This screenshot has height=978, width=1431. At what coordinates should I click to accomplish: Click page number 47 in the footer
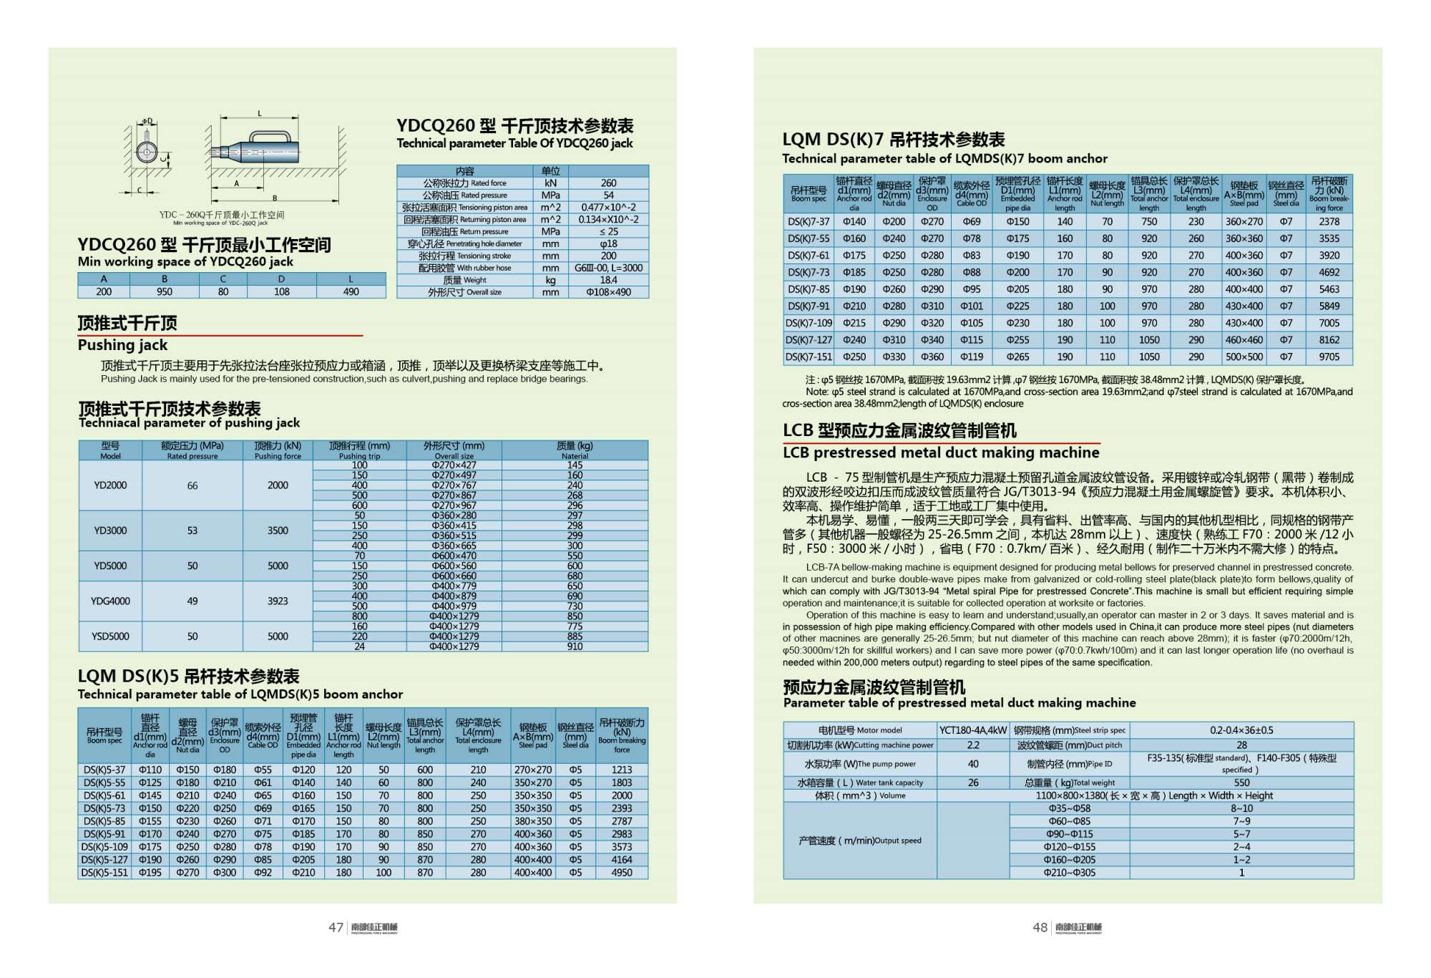[x=336, y=927]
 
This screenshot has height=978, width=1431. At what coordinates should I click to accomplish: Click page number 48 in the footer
[x=1040, y=927]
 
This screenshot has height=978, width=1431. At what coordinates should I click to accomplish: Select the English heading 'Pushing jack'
[x=122, y=345]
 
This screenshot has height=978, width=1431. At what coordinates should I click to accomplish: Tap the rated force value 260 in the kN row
[x=608, y=183]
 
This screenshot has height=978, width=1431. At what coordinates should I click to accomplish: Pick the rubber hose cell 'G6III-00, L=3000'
[x=608, y=268]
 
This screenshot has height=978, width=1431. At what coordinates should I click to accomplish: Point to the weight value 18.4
[x=608, y=280]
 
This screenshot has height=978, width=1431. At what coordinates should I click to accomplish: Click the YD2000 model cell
[x=110, y=485]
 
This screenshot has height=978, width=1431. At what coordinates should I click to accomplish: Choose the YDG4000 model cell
[x=110, y=601]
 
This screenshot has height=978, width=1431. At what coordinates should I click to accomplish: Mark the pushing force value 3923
[x=278, y=601]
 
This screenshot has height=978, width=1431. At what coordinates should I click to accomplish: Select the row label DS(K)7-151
[x=809, y=357]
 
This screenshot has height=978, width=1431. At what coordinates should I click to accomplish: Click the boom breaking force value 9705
[x=1329, y=357]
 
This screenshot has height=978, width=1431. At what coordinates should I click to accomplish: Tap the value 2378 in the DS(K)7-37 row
[x=1329, y=222]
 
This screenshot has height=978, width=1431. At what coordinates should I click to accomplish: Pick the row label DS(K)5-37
[x=104, y=770]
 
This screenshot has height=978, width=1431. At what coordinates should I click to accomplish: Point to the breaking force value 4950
[x=621, y=873]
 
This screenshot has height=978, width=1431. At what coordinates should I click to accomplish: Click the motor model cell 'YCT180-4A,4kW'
[x=972, y=730]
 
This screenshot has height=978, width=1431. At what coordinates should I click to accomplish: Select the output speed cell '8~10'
[x=1241, y=808]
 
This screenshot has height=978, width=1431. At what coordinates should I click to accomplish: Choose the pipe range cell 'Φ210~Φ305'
[x=1069, y=873]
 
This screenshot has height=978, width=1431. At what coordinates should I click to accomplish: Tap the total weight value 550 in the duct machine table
[x=1241, y=783]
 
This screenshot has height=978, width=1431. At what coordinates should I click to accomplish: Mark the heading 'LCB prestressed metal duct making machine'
[x=940, y=452]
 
